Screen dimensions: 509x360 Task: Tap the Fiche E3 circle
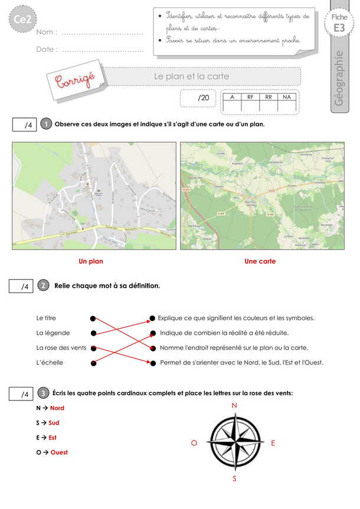coord(339,23)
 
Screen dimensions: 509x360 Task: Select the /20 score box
coord(198,98)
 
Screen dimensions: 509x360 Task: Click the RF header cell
coord(250,97)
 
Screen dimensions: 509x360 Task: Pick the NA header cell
coord(287,97)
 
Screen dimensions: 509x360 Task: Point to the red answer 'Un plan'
coord(91,261)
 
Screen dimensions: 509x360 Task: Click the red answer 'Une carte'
coord(260,261)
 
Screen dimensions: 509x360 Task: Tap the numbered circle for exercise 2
coord(43,285)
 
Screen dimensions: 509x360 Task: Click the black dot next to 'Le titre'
coord(93,318)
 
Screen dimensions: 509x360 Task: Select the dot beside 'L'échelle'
coord(93,363)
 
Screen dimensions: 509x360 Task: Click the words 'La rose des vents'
coord(61,348)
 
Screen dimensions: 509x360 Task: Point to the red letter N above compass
coord(234,405)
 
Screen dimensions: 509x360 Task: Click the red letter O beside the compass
coord(194,443)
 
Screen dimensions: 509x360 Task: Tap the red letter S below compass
coord(234,479)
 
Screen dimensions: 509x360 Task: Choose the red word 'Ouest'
coord(59,452)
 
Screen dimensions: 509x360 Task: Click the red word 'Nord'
coord(57,408)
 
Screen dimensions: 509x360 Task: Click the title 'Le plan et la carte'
coord(191,77)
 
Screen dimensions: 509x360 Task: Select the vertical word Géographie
coord(339,78)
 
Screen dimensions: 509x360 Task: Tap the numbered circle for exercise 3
coord(43,393)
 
